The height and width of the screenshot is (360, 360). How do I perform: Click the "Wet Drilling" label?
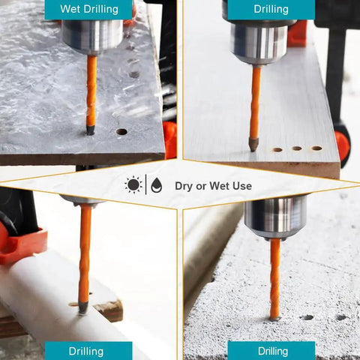pyautogui.click(x=89, y=9)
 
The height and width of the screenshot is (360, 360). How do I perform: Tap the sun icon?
pyautogui.click(x=133, y=184)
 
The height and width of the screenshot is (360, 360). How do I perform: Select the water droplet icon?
pyautogui.click(x=157, y=185)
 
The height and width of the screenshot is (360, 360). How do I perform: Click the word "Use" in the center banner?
pyautogui.click(x=242, y=186)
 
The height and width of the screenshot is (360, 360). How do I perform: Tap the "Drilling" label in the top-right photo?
pyautogui.click(x=271, y=9)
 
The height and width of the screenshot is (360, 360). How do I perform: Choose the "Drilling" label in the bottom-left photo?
pyautogui.click(x=86, y=351)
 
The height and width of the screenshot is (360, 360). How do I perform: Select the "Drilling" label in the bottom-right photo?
pyautogui.click(x=273, y=351)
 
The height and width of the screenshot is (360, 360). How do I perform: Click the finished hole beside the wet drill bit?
pyautogui.click(x=121, y=131)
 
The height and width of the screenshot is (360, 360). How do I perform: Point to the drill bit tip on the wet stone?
pyautogui.click(x=90, y=130)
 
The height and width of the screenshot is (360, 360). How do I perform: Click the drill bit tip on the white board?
pyautogui.click(x=253, y=145)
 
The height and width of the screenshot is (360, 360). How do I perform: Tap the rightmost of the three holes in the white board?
pyautogui.click(x=316, y=148)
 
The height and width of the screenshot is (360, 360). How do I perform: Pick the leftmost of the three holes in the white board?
pyautogui.click(x=277, y=150)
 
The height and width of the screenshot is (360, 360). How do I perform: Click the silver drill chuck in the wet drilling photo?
pyautogui.click(x=92, y=37)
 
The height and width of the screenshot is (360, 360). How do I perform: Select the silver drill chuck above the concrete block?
pyautogui.click(x=276, y=217)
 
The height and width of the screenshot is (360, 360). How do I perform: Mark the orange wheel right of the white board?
pyautogui.click(x=342, y=145)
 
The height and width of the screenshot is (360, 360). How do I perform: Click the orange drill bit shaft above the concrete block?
pyautogui.click(x=275, y=278)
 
